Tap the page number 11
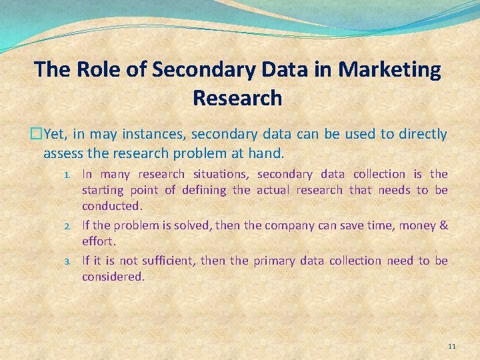[452, 347]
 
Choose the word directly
[423, 134]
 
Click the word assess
[62, 153]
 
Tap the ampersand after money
[443, 225]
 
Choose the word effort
[99, 241]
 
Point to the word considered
[112, 276]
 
